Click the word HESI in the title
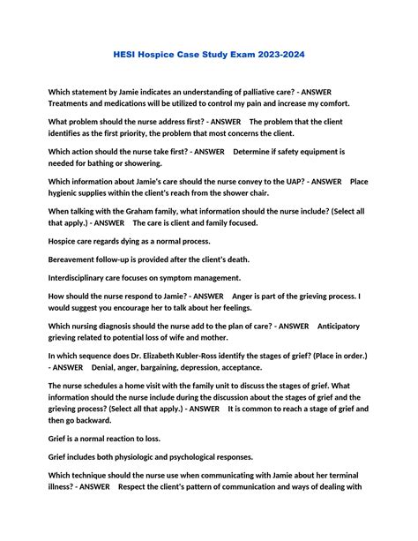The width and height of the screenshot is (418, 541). point(128,55)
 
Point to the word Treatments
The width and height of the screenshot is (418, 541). point(73,103)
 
